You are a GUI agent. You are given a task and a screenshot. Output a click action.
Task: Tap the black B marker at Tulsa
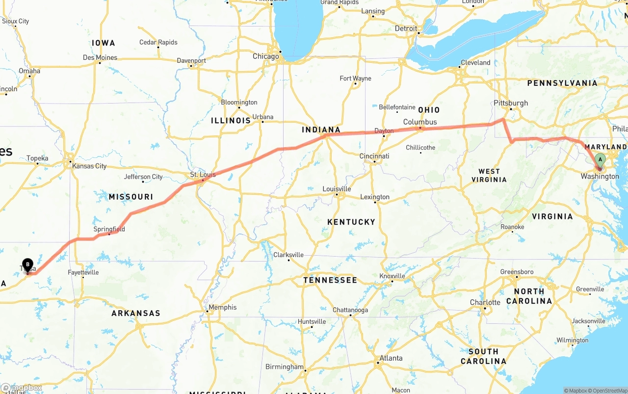click(x=27, y=264)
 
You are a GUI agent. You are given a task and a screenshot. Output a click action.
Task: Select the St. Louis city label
click(x=203, y=175)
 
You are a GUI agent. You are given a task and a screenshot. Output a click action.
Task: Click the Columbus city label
click(x=419, y=122)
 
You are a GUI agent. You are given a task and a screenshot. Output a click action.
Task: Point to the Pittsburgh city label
click(x=511, y=103)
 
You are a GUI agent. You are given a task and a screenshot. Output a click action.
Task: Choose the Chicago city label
click(x=265, y=56)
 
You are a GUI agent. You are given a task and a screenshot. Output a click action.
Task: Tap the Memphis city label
click(x=222, y=308)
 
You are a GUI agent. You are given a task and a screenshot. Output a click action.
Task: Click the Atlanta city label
click(x=391, y=358)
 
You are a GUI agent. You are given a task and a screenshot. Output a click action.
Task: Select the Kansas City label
click(x=89, y=166)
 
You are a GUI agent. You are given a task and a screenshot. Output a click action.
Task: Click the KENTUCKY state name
click(x=351, y=222)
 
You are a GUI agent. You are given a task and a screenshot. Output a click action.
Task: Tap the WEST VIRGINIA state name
click(x=489, y=176)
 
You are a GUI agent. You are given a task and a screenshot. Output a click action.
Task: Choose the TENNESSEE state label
click(x=330, y=280)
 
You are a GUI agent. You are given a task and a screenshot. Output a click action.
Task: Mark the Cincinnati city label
click(x=374, y=156)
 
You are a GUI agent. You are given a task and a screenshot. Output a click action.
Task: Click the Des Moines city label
click(x=100, y=57)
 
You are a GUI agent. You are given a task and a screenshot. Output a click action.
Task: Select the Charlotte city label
click(x=485, y=302)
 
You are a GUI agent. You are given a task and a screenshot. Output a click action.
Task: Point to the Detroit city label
click(x=406, y=28)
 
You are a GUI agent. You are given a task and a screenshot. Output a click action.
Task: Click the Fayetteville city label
click(x=83, y=272)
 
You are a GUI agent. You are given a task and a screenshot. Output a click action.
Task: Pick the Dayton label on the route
click(x=384, y=131)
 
